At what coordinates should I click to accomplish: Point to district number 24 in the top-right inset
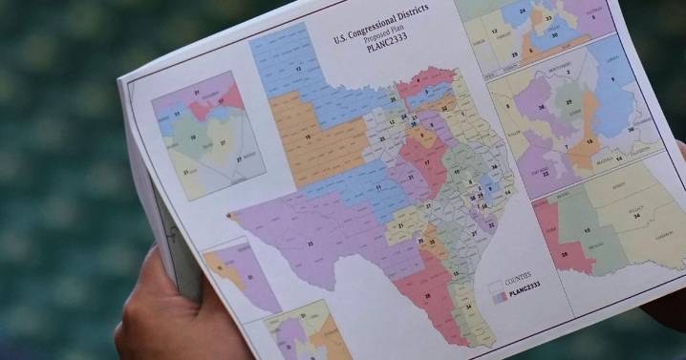520,11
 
